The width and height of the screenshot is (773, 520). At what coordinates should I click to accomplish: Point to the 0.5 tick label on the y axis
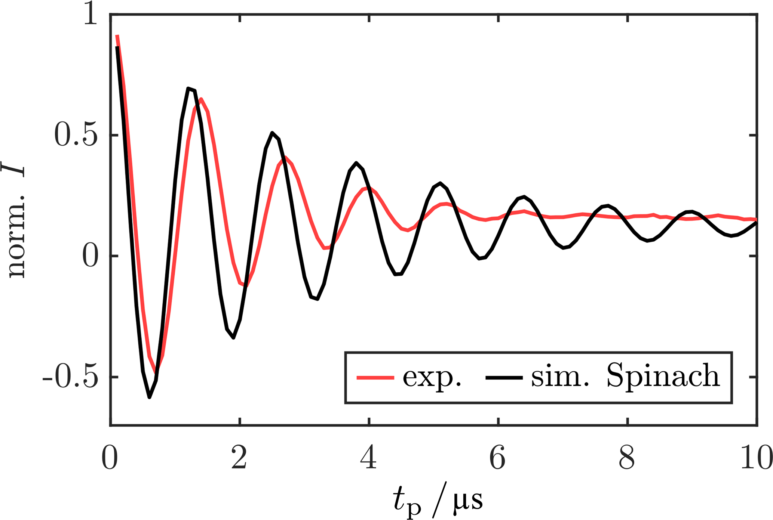76,135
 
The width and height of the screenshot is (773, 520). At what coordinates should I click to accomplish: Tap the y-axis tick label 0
90,256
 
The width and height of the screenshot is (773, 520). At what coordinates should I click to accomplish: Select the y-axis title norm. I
15,220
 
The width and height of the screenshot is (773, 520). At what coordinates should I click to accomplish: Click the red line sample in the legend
375,378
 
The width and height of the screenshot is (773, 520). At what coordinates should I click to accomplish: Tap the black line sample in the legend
504,378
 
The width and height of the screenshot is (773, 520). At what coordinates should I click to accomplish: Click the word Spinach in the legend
663,377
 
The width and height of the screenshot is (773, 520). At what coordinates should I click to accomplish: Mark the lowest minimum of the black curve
149,397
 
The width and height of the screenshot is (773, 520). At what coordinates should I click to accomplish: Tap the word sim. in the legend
560,377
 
